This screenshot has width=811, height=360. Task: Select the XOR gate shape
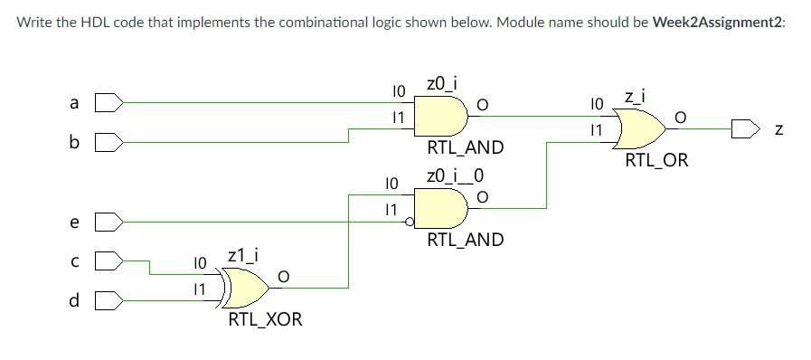tap(247, 288)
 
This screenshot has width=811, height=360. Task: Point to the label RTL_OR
tap(656, 161)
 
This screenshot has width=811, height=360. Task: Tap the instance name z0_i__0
tap(453, 175)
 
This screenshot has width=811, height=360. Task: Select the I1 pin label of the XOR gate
tap(200, 288)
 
